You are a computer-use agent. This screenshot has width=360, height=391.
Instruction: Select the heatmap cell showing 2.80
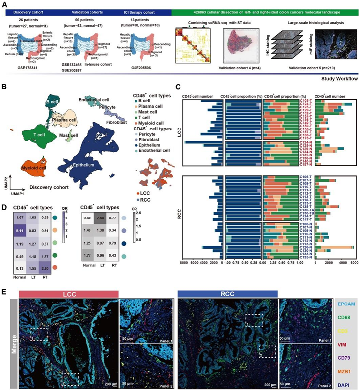[x=58, y=255]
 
